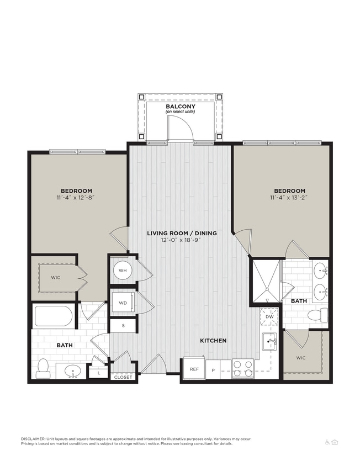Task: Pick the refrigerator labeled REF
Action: click(x=194, y=369)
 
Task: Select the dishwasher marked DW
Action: click(x=269, y=317)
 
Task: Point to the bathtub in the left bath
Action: click(x=53, y=316)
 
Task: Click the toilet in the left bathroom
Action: click(x=43, y=368)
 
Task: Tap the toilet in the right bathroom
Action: click(x=317, y=316)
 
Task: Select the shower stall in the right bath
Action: click(x=267, y=282)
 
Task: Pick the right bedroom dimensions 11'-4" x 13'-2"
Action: click(x=289, y=198)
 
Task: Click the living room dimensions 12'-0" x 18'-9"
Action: click(x=182, y=241)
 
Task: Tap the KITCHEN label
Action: click(x=213, y=341)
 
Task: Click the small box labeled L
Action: click(x=98, y=374)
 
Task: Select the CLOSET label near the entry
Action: click(x=122, y=378)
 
